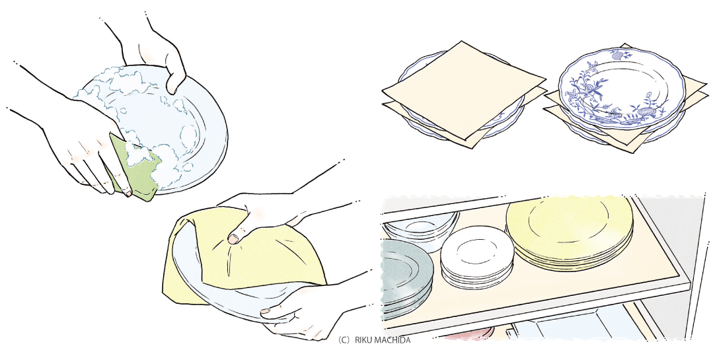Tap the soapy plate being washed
click(155, 127)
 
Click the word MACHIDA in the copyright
click(394, 340)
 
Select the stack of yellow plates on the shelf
click(570, 232)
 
